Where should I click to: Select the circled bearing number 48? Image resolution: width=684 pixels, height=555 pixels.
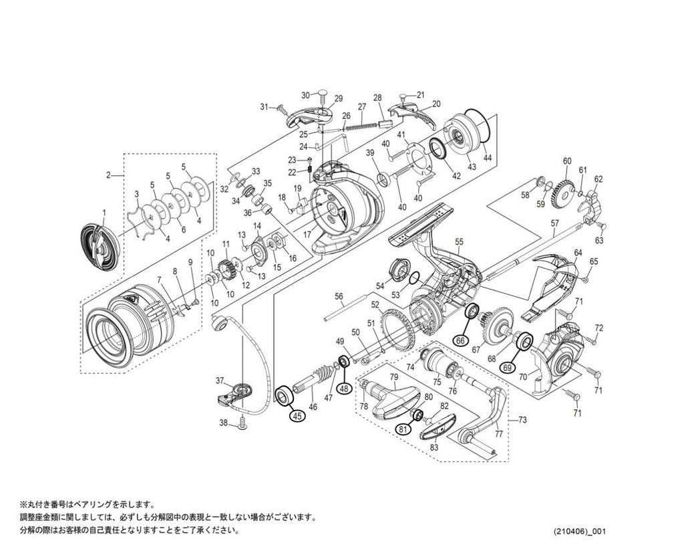pyautogui.click(x=344, y=388)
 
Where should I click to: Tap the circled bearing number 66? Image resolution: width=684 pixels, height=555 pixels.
pyautogui.click(x=460, y=340)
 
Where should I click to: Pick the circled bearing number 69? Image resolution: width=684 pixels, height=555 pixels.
pyautogui.click(x=508, y=367)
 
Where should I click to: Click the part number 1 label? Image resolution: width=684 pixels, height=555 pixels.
pyautogui.click(x=104, y=213)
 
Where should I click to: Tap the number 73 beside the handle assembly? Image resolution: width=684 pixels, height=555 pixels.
pyautogui.click(x=522, y=420)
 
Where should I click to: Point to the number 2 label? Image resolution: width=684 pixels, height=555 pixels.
pyautogui.click(x=108, y=175)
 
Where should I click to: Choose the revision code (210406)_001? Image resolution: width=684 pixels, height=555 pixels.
pyautogui.click(x=578, y=532)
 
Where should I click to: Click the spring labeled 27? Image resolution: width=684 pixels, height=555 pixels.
pyautogui.click(x=365, y=122)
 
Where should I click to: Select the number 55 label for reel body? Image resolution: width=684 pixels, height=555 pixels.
pyautogui.click(x=458, y=241)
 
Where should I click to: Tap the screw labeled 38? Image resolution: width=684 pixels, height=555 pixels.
pyautogui.click(x=242, y=421)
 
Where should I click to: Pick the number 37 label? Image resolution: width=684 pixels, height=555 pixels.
pyautogui.click(x=219, y=380)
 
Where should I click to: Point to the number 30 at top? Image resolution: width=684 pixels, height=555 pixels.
pyautogui.click(x=305, y=95)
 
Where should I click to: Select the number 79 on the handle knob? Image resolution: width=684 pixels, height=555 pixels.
pyautogui.click(x=394, y=377)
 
